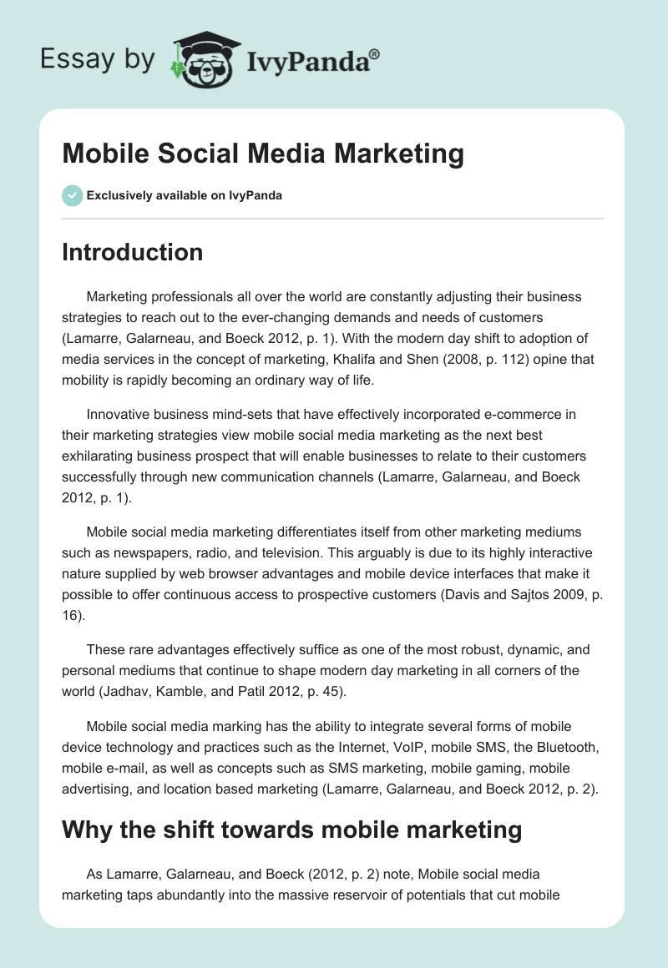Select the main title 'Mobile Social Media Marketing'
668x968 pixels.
[263, 154]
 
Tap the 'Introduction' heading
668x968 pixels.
[132, 252]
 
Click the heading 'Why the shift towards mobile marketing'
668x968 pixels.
[291, 830]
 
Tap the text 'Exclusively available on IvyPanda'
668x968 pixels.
[184, 195]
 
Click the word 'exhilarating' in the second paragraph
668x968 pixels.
[99, 456]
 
